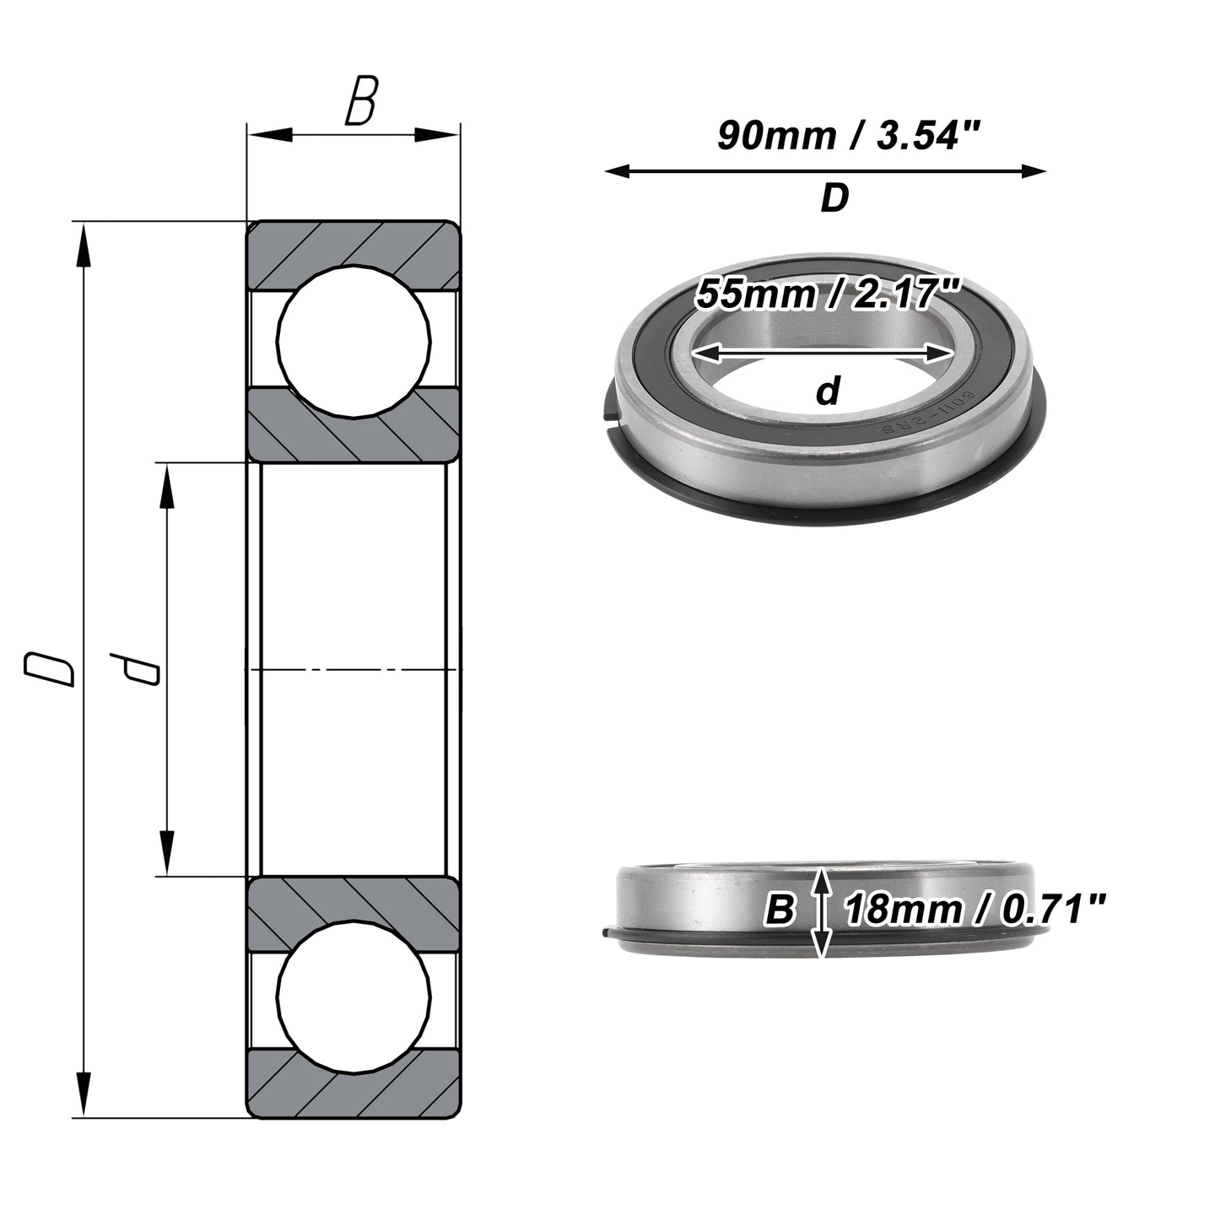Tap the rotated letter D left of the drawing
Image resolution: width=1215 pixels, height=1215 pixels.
point(49,669)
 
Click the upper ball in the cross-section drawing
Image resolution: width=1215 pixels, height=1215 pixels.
point(354,341)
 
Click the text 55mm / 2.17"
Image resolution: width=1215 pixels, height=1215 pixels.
point(829,294)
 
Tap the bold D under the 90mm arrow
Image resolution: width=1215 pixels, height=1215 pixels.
point(834,198)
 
